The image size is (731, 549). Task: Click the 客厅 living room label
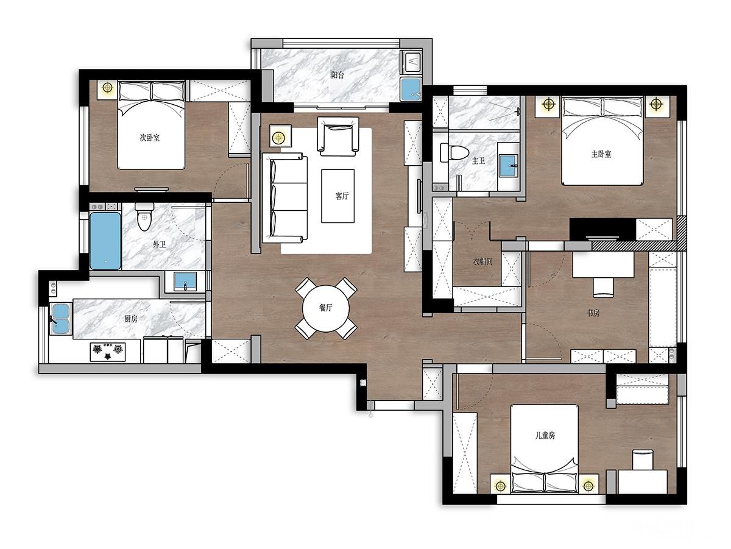tap(342, 196)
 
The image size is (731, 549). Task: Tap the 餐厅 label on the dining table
tap(325, 308)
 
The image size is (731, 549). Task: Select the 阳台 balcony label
tap(337, 74)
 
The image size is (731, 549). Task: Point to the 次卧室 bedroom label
tap(149, 137)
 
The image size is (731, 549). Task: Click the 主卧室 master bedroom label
tap(601, 154)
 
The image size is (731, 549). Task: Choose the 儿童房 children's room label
tap(545, 435)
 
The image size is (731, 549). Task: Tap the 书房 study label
tap(593, 313)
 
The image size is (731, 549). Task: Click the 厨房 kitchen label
tap(131, 319)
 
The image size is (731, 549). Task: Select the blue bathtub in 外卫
tap(105, 241)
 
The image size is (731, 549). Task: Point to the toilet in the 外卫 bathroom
tap(144, 216)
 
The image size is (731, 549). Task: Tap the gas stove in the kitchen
tap(108, 352)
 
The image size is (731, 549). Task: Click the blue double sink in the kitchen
tap(60, 319)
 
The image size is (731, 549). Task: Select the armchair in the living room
tap(338, 136)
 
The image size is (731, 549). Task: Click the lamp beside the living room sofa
tap(279, 137)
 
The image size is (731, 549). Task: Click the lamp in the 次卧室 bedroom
tap(107, 88)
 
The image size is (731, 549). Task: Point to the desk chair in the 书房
tap(603, 288)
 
